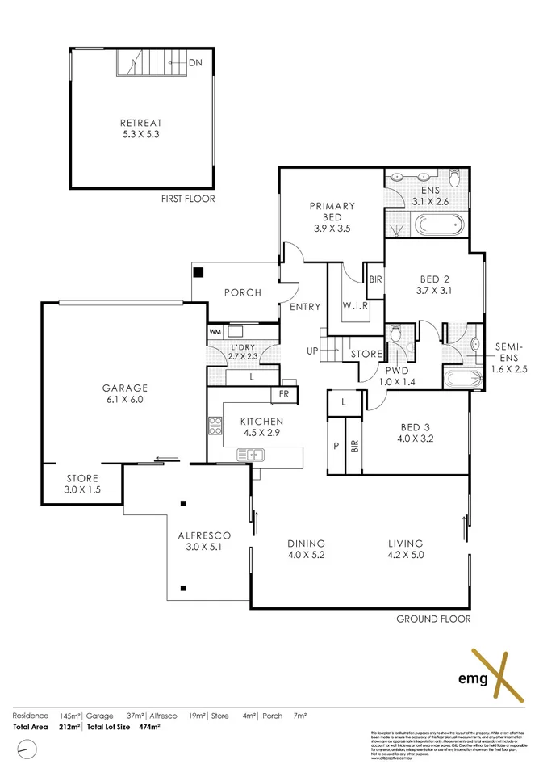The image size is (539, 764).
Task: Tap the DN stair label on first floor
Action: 196,62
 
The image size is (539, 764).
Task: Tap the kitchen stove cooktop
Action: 215,426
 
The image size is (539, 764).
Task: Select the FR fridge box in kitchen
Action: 284,394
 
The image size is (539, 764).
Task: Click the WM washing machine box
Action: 215,331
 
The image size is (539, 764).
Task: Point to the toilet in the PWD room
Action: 395,334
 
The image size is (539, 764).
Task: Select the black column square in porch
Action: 198,272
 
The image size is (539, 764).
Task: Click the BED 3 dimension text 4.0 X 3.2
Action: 416,439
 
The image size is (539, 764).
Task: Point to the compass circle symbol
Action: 28,749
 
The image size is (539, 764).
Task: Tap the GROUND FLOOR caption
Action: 432,619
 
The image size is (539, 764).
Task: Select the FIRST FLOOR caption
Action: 189,199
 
